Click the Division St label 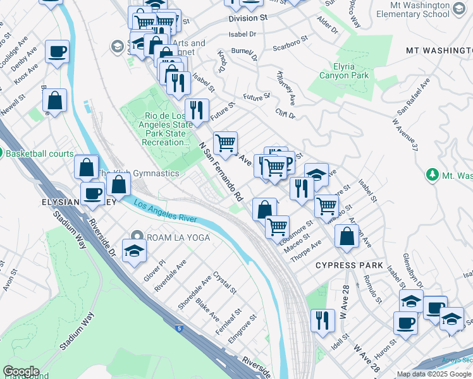coord(248,19)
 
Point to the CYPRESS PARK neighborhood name coord(350,265)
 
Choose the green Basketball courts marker coord(2,153)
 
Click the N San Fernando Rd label coord(221,171)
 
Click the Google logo coord(20,371)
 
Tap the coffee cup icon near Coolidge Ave coord(57,51)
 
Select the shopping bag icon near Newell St coord(55,100)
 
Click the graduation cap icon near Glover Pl coord(134,251)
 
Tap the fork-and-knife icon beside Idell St coord(323,320)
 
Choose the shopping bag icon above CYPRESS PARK coord(347,236)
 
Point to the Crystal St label coord(224,283)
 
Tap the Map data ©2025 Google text coord(434,374)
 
